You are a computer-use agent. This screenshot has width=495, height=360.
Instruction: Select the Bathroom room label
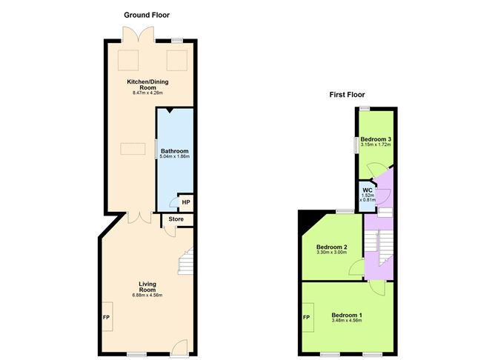click(x=174, y=150)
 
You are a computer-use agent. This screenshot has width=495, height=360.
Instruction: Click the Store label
click(x=176, y=219)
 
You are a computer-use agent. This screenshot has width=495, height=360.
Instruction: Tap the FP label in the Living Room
click(x=106, y=319)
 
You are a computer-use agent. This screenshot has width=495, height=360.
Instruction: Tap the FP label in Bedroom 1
click(x=306, y=319)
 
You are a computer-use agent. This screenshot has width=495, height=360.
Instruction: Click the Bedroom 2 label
click(x=332, y=247)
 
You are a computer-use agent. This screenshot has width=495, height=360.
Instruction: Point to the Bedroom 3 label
click(x=376, y=139)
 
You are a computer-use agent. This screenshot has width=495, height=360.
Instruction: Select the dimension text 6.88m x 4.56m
click(x=144, y=296)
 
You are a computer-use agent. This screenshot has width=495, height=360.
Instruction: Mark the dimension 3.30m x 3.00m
click(x=332, y=253)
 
